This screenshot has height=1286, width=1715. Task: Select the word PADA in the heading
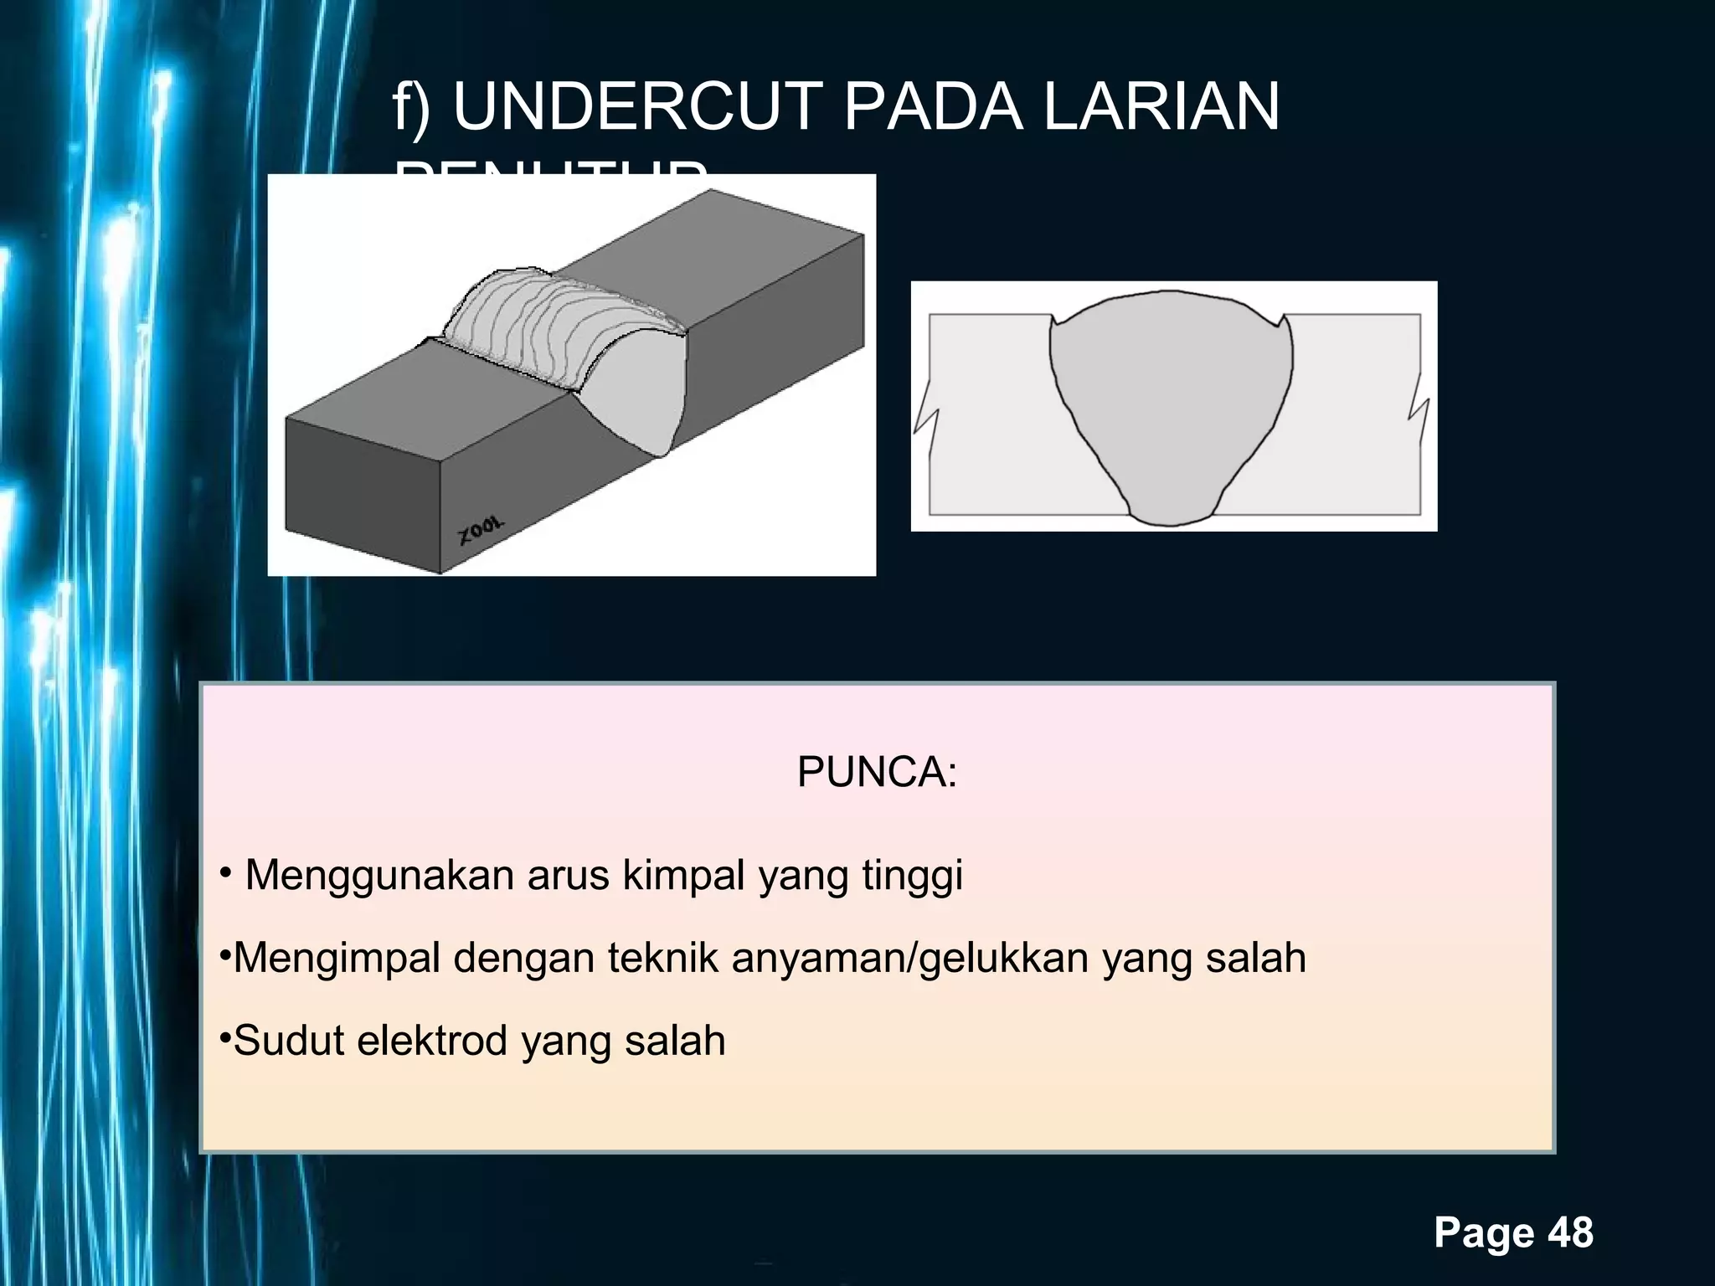click(x=933, y=108)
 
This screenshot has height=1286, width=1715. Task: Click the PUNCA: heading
click(x=877, y=771)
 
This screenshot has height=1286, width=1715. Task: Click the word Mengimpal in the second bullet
click(x=337, y=959)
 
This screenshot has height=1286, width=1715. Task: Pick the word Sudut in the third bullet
click(x=288, y=1041)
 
